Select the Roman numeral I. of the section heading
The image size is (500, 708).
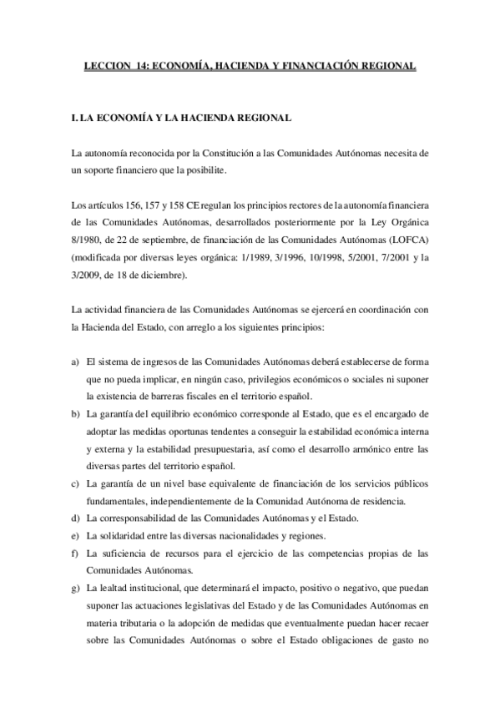[x=75, y=119]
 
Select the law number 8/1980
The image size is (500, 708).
[x=87, y=239]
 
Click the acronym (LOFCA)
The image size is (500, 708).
[x=408, y=239]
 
